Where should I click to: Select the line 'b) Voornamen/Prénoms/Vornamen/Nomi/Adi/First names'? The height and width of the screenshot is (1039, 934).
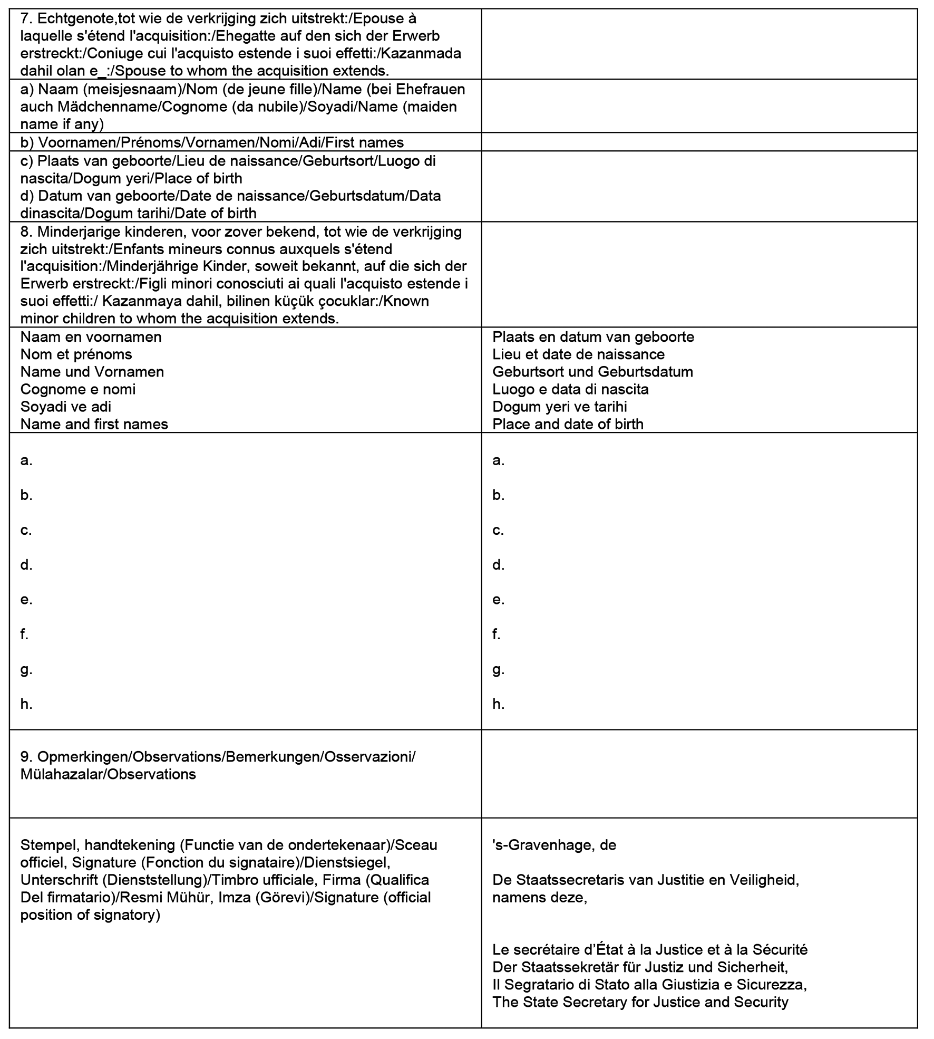pyautogui.click(x=212, y=142)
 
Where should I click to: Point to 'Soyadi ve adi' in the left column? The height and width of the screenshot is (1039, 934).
pyautogui.click(x=65, y=407)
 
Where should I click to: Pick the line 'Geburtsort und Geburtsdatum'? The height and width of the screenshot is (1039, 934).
pyautogui.click(x=592, y=372)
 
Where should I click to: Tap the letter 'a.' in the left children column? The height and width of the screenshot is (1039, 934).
pyautogui.click(x=26, y=460)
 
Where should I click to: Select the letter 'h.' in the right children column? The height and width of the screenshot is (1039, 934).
pyautogui.click(x=498, y=704)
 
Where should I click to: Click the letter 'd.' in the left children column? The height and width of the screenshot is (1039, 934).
pyautogui.click(x=26, y=565)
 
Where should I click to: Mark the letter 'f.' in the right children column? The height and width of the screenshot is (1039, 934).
pyautogui.click(x=497, y=634)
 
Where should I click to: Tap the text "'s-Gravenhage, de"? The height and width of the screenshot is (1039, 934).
pyautogui.click(x=554, y=845)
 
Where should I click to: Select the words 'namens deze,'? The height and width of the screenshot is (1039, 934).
pyautogui.click(x=539, y=897)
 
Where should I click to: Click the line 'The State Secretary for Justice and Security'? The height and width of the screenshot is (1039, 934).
pyautogui.click(x=640, y=1002)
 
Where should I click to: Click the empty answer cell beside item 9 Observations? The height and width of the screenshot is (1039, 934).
pyautogui.click(x=699, y=774)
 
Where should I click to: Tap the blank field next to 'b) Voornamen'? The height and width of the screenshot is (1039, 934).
pyautogui.click(x=699, y=142)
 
